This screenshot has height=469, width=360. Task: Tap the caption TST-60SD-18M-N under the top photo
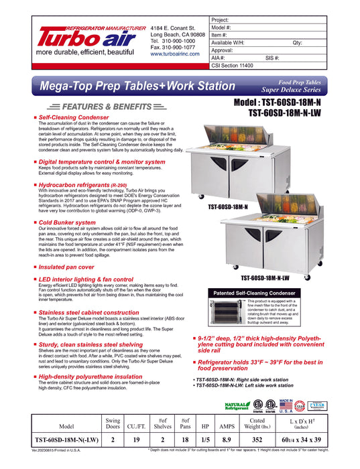[228, 207]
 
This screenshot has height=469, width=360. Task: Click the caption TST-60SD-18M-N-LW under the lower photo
[284, 278]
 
